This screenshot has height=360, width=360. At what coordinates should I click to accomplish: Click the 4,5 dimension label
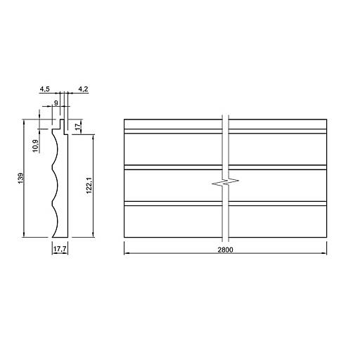44,89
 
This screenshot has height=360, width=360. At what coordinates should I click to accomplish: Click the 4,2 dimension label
83,89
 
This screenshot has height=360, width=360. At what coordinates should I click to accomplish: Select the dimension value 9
56,103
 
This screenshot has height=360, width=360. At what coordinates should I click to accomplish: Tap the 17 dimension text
78,127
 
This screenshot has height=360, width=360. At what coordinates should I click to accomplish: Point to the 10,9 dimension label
35,146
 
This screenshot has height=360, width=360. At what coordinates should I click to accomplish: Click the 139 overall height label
21,178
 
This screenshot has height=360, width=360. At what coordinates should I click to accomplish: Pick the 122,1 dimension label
89,185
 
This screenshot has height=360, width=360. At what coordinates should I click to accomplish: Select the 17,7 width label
60,249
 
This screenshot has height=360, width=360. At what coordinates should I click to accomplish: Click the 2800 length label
225,250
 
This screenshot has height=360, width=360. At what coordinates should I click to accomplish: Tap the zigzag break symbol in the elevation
225,182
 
